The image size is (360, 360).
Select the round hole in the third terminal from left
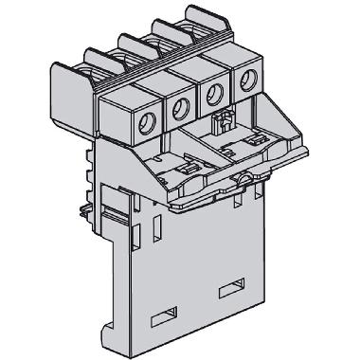coord(214,94)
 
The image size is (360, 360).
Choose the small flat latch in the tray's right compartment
coord(231,151)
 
